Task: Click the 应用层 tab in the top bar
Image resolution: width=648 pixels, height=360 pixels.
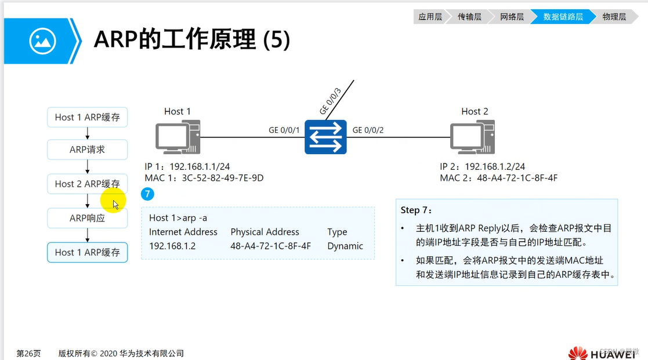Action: (430, 17)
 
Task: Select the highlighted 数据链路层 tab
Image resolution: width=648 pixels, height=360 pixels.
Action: (563, 17)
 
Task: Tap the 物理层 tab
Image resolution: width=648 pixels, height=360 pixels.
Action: (614, 17)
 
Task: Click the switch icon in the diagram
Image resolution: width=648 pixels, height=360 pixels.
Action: (325, 137)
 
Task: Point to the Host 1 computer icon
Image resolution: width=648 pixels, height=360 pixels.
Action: (178, 138)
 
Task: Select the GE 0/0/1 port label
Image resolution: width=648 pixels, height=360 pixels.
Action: (284, 130)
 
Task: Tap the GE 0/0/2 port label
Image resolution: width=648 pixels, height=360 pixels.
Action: (368, 130)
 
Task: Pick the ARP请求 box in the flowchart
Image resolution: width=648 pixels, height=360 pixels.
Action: (87, 150)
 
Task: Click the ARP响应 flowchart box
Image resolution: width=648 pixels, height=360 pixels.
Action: (87, 219)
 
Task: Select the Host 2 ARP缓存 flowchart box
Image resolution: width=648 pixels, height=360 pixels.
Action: (87, 184)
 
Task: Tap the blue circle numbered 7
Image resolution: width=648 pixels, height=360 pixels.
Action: (148, 194)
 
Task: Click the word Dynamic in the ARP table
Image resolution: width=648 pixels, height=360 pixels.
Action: (345, 246)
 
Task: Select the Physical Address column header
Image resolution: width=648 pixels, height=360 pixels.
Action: (265, 232)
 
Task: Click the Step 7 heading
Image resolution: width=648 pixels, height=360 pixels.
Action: (417, 210)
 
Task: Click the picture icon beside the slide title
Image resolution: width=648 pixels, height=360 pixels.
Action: (42, 41)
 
